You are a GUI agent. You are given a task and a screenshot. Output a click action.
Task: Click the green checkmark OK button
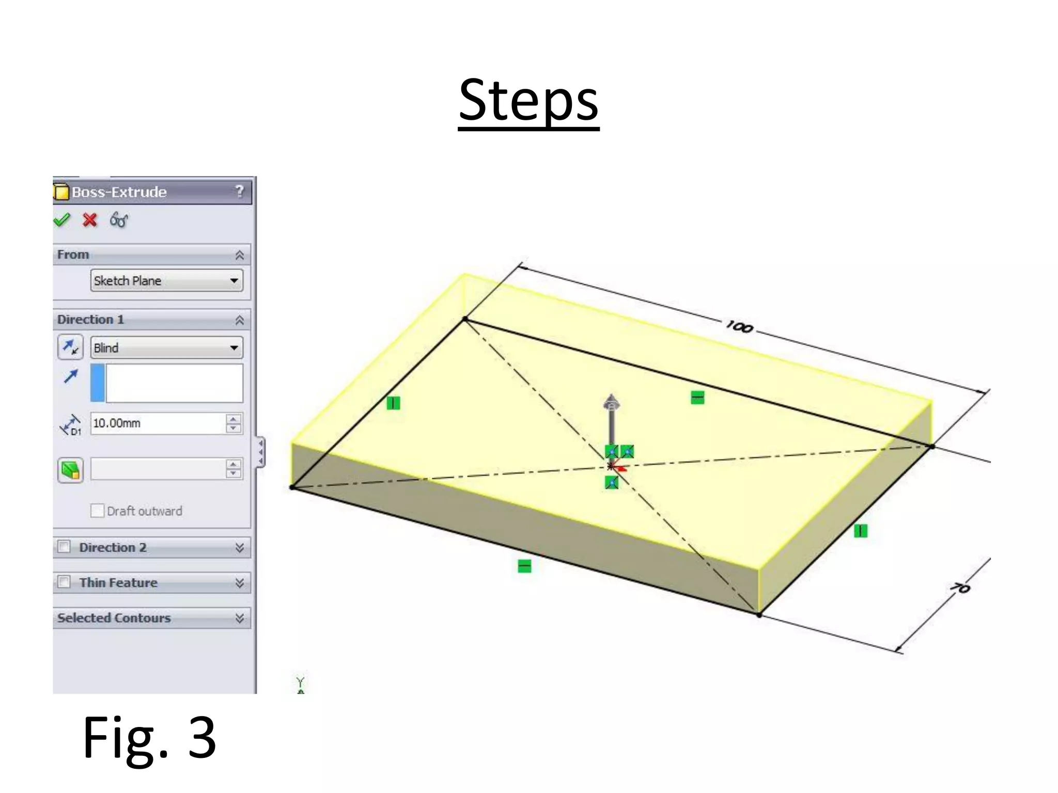click(x=62, y=220)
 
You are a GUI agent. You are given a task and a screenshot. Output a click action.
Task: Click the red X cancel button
click(x=90, y=220)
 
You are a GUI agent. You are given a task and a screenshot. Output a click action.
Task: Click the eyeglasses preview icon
click(x=119, y=220)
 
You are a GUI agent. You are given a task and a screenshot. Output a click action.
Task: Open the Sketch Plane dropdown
click(x=166, y=281)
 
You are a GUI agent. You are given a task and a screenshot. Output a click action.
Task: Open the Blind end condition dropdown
click(x=166, y=348)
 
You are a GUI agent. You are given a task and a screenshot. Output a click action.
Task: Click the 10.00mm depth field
click(x=158, y=423)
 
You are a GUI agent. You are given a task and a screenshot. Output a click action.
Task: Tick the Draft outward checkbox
click(x=97, y=511)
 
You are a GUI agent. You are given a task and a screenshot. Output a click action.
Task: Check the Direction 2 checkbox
click(x=64, y=547)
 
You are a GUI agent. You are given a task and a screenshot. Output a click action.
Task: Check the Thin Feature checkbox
click(x=64, y=582)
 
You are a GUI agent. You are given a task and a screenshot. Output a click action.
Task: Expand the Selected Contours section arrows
click(x=239, y=618)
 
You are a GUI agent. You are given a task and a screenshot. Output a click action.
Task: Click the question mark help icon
click(x=239, y=192)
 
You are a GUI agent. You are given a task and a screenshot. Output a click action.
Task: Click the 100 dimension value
click(x=739, y=327)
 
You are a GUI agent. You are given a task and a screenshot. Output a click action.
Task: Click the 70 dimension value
click(x=960, y=588)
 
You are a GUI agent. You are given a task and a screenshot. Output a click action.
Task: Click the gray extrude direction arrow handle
click(x=612, y=405)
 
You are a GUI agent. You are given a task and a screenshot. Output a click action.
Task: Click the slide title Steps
click(x=528, y=100)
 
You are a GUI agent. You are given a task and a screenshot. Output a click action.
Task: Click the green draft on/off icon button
click(x=71, y=470)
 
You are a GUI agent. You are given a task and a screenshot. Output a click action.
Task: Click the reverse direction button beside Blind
click(x=70, y=347)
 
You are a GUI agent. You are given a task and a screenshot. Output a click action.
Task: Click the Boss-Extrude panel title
click(x=119, y=192)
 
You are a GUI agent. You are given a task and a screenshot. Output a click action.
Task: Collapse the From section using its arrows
click(x=239, y=255)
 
